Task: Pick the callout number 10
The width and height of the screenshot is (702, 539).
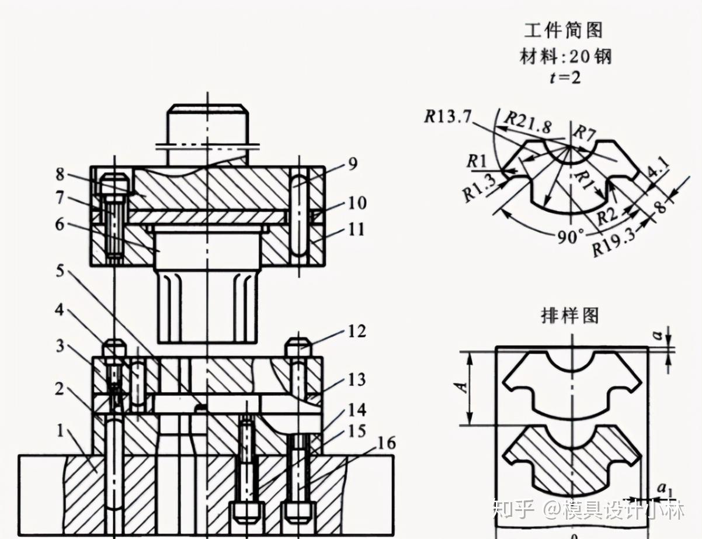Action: click(x=357, y=203)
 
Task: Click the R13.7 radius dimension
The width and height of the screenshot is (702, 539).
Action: click(x=448, y=116)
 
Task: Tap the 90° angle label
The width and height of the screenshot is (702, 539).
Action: click(x=570, y=237)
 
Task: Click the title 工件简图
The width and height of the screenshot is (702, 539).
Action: click(x=563, y=30)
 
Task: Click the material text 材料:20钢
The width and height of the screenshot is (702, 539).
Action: click(x=565, y=57)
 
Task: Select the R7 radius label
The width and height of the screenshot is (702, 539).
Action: click(x=584, y=133)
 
